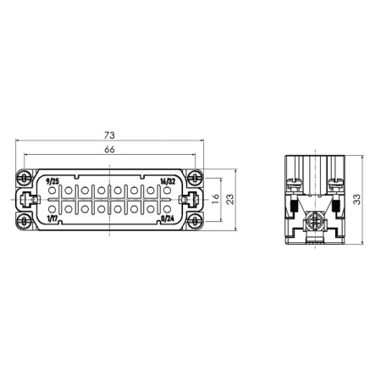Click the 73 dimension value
(109, 135)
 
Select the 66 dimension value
(109, 149)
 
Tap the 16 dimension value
(215, 199)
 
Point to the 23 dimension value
(230, 199)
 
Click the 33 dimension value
(356, 199)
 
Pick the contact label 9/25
(52, 181)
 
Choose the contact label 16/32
(168, 181)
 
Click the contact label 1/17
(52, 218)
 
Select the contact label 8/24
(168, 218)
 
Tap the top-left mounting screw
(24, 178)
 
